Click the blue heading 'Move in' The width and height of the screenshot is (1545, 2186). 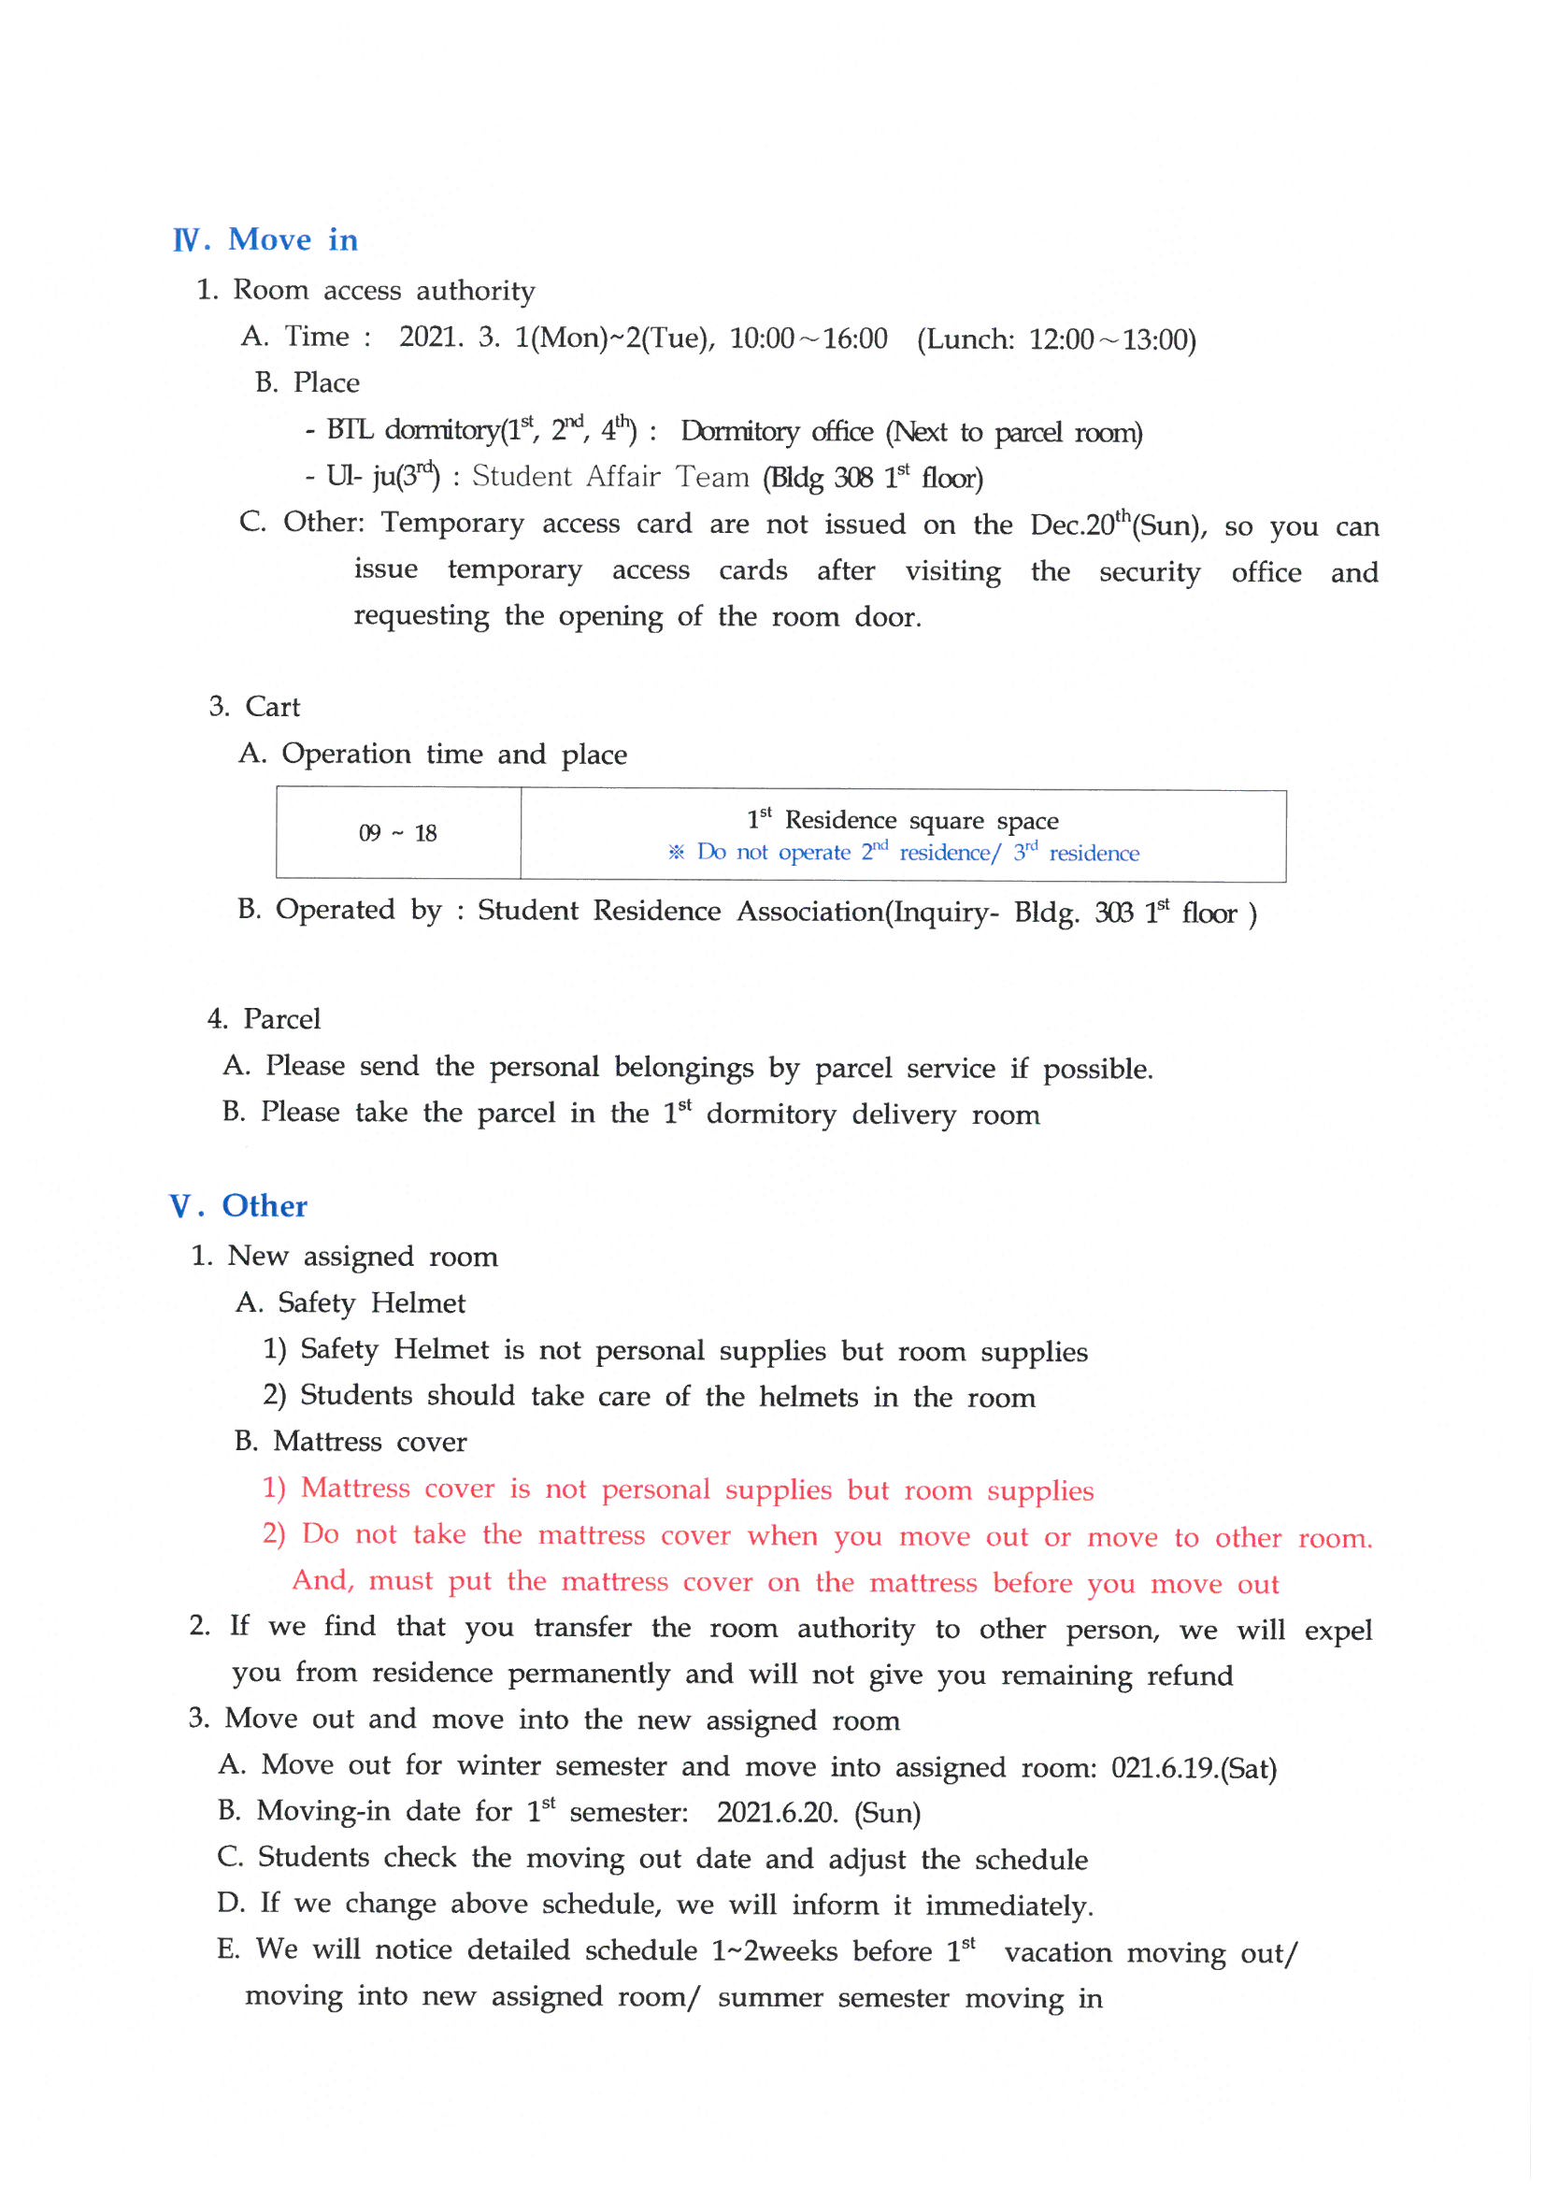tap(293, 240)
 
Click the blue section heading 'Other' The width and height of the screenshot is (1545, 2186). tap(264, 1206)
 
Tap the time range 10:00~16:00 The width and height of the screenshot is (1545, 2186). tap(808, 339)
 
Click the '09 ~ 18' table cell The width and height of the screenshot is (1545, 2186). tap(398, 834)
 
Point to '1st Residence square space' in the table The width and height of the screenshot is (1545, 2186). tap(902, 820)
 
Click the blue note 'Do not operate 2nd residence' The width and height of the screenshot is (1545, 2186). tap(847, 852)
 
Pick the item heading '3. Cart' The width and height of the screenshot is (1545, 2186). tap(254, 707)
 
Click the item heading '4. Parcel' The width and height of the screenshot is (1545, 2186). tap(264, 1020)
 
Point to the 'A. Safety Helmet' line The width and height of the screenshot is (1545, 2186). tap(350, 1303)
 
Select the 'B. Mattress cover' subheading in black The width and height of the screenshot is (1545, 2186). tap(350, 1443)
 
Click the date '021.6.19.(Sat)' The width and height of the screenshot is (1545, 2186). tap(1194, 1769)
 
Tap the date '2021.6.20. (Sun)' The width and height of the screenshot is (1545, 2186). tap(818, 1814)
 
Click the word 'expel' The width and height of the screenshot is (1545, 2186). tap(1338, 1631)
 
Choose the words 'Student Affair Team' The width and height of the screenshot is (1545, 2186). tap(610, 477)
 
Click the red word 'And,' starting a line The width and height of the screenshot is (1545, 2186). tap(322, 1581)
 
